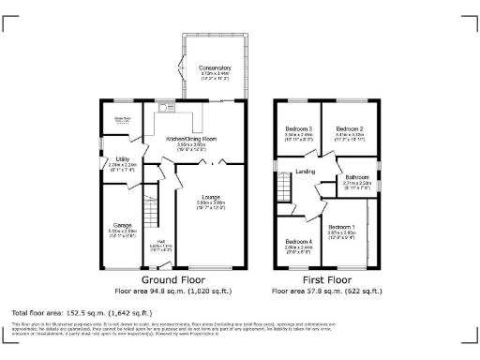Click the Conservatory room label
(214, 68)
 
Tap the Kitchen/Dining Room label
(198, 138)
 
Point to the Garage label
(121, 225)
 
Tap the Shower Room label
(121, 117)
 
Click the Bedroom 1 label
(340, 226)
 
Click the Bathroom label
(356, 177)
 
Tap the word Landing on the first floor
(305, 171)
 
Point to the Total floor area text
(80, 311)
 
